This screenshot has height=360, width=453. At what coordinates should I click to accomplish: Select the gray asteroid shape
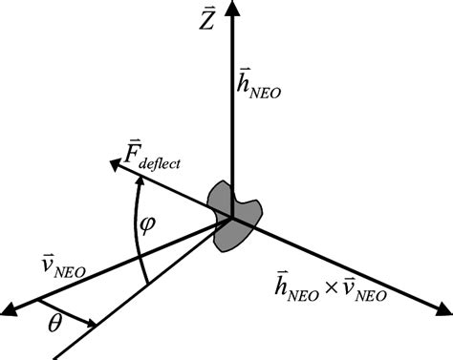coord(235,214)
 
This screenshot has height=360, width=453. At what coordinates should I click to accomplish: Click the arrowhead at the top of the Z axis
coord(231,8)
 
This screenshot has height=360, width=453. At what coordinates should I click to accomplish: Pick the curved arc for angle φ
coord(137,234)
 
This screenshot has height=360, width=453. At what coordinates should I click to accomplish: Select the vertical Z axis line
coord(231,115)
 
